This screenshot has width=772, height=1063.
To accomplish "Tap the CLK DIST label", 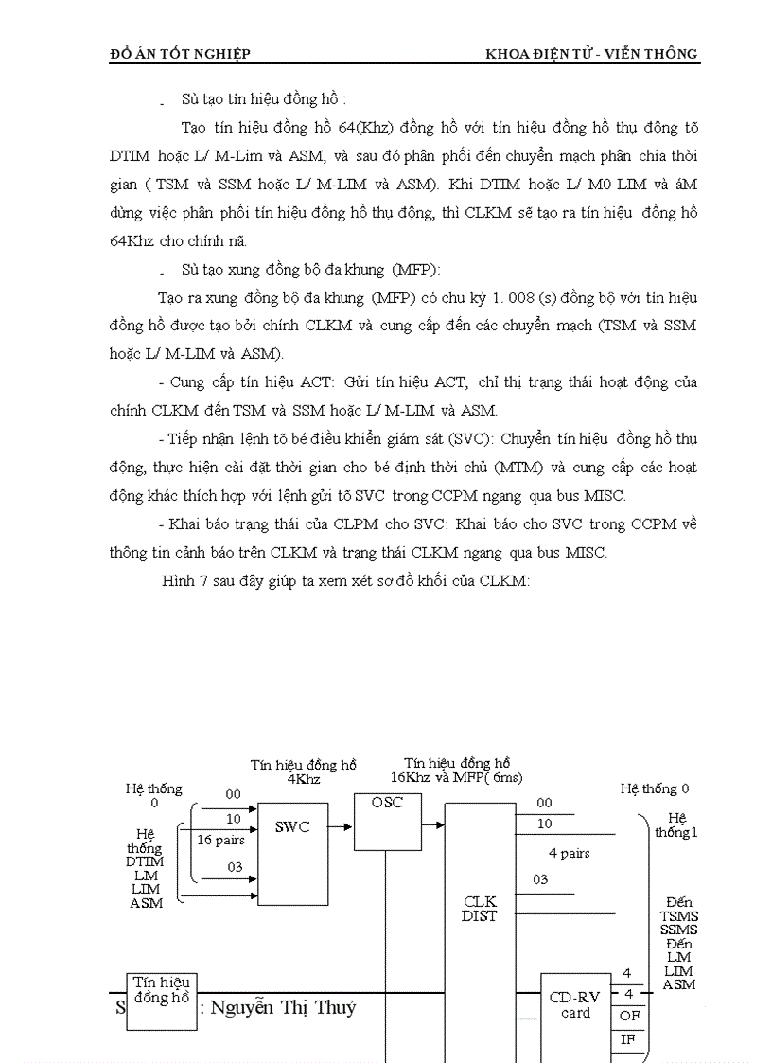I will coord(480,909).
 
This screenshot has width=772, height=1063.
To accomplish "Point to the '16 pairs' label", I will coord(220,840).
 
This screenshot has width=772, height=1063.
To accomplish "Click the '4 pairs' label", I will coord(569,853).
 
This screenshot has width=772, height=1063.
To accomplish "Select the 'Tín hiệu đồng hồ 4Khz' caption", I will coord(303,772).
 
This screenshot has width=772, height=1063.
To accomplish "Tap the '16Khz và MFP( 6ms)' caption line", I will coord(457,777).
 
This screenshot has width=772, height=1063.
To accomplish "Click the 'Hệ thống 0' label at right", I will coord(655,788).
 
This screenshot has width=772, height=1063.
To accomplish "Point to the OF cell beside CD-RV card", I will coord(628,1016).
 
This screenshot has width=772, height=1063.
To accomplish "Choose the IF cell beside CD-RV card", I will coord(628,1040).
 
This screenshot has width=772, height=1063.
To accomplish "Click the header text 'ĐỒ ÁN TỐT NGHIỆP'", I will coord(181,54).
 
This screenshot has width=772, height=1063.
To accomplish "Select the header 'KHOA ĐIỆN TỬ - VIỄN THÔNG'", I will coord(591,54).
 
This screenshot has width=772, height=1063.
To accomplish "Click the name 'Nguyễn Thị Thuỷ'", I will coord(283,1007).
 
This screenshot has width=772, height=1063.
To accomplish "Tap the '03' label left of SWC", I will coord(234,867).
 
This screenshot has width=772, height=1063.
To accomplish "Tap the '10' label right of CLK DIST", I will coord(544,824).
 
